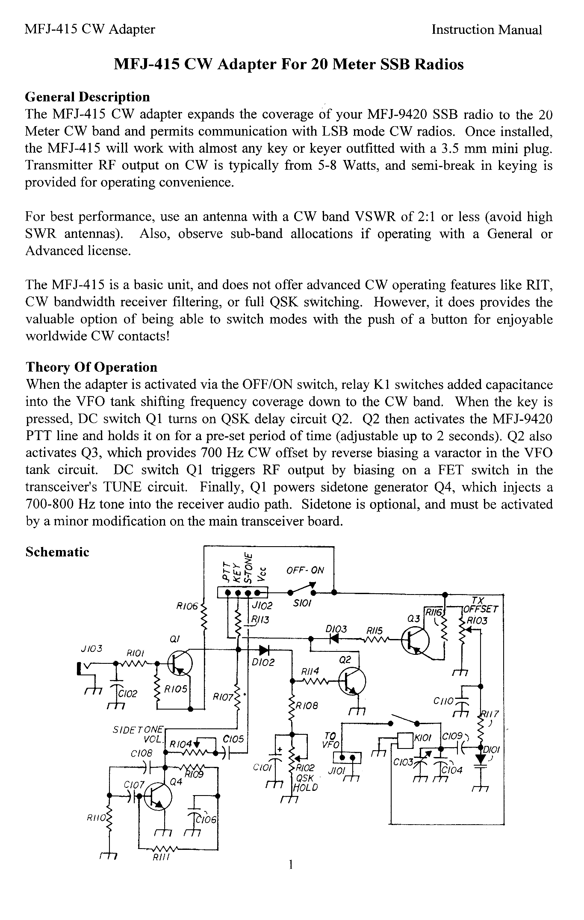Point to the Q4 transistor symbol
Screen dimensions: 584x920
tap(158, 796)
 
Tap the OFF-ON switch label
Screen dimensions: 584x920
tap(305, 570)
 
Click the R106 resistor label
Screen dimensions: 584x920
tap(187, 606)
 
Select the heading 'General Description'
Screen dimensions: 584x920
tap(88, 98)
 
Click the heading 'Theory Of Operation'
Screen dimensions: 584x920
tap(91, 367)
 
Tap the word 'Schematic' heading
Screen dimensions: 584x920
tap(57, 552)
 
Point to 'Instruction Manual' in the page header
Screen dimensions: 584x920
tap(487, 30)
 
